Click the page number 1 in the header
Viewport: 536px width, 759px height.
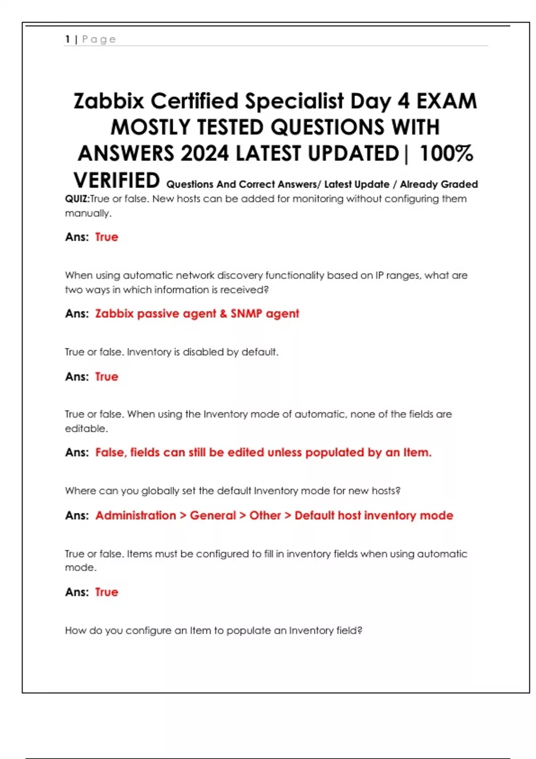67,39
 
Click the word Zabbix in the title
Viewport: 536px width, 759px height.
109,101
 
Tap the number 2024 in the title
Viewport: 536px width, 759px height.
205,154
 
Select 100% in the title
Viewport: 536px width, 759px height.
446,154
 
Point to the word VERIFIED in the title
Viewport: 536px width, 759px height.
117,181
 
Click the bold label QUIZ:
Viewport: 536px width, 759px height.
77,199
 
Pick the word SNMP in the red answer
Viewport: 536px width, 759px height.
246,314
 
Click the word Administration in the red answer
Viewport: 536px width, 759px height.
136,516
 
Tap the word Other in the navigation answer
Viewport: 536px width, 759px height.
265,516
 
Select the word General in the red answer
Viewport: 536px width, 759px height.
213,516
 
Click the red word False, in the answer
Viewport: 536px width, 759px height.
111,453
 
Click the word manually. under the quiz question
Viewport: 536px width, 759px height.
88,213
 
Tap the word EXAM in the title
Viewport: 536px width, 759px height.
447,101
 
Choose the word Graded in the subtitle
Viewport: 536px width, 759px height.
461,184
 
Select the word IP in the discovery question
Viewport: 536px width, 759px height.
379,275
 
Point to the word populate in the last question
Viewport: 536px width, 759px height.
249,631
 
